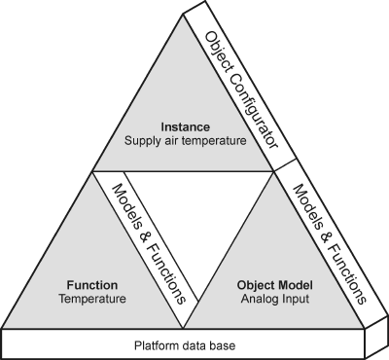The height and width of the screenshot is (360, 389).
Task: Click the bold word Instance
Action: pos(186,126)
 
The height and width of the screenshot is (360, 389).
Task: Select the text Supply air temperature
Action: pos(186,141)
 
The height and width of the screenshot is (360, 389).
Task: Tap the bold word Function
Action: pos(92,285)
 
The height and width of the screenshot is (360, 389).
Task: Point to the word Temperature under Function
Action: pos(92,299)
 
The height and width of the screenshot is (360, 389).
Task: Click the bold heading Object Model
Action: pos(275,285)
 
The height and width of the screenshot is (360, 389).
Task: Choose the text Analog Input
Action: pos(275,299)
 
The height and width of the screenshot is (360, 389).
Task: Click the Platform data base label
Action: pos(185,345)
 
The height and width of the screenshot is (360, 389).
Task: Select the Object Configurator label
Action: pos(242,90)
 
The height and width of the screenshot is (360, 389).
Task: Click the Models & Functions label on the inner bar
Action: pos(149,244)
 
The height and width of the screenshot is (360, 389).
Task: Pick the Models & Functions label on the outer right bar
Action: pos(330,244)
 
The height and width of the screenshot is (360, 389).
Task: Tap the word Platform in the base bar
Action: pos(155,345)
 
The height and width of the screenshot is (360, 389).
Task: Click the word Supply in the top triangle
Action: pos(141,142)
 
